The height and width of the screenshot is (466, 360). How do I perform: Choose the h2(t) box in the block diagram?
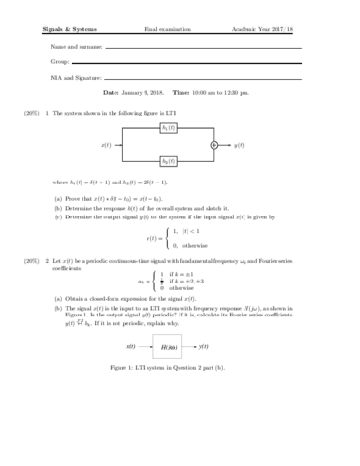click(x=169, y=160)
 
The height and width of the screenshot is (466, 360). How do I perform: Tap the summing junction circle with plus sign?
click(x=214, y=145)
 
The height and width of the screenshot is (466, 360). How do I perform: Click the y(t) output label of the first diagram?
click(x=238, y=145)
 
